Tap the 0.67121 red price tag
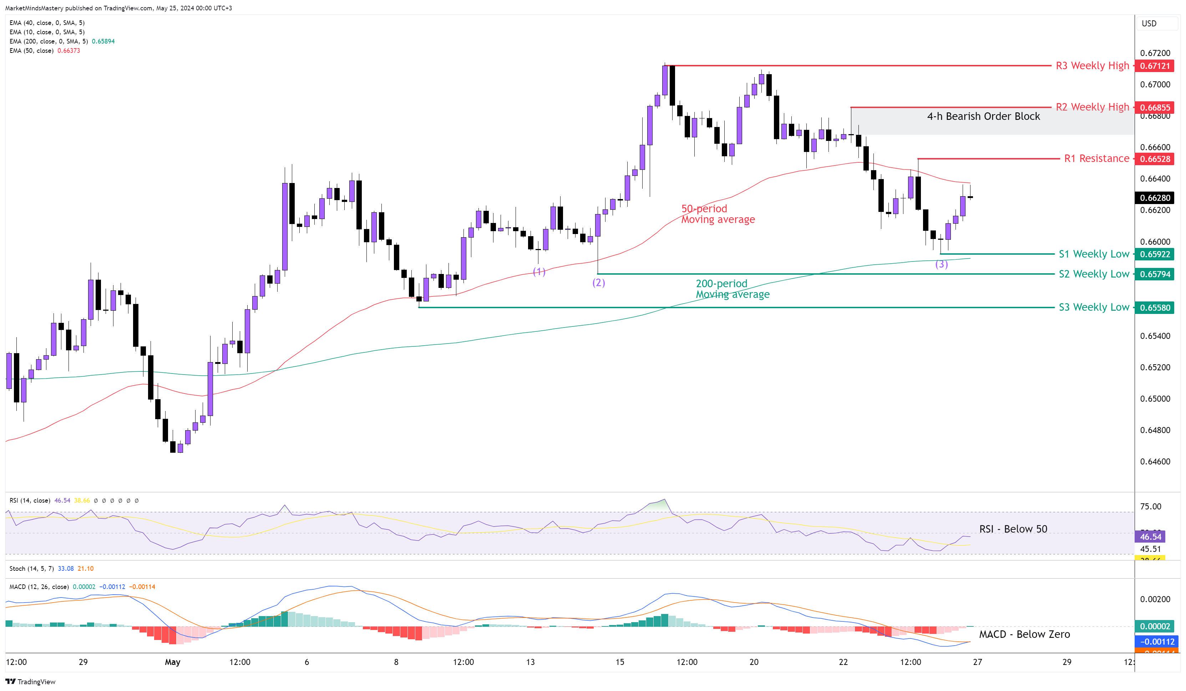[1155, 66]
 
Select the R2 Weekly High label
[1092, 107]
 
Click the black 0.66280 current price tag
[1155, 198]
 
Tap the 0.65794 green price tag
[1155, 274]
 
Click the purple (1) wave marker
[539, 271]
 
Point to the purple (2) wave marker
[598, 283]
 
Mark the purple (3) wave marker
[941, 264]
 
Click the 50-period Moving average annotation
[718, 214]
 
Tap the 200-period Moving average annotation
[732, 289]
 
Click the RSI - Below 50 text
[1013, 529]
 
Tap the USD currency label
[1149, 24]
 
